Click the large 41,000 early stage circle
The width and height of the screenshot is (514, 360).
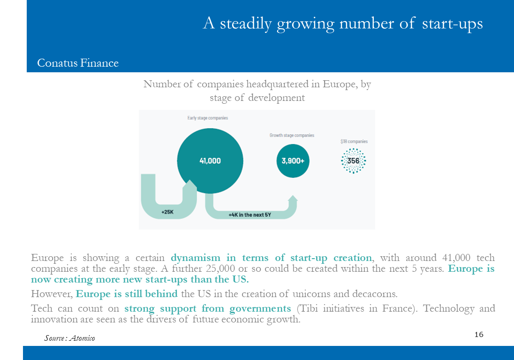pos(210,161)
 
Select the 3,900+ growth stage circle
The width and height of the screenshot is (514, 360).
pos(293,161)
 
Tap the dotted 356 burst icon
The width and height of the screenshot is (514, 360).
pos(354,161)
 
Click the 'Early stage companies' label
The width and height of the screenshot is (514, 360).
pos(207,118)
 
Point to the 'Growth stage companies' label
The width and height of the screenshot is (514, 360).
pos(292,135)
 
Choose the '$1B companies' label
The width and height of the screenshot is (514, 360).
pos(354,141)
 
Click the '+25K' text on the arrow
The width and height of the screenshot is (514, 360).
pos(167,212)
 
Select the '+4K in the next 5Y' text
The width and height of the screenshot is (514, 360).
pos(250,215)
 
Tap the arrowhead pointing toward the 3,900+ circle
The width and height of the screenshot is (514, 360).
pos(293,199)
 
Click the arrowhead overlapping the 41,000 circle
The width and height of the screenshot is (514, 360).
pos(189,184)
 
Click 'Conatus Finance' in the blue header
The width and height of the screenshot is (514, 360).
pos(78,63)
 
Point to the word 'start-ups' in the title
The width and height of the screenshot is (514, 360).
pos(452,23)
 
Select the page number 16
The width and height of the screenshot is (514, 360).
pos(479,334)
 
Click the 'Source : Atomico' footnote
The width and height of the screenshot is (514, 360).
pos(69,338)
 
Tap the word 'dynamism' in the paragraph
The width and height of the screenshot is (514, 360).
pos(196,258)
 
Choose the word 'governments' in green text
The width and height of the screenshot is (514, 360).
pos(260,309)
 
